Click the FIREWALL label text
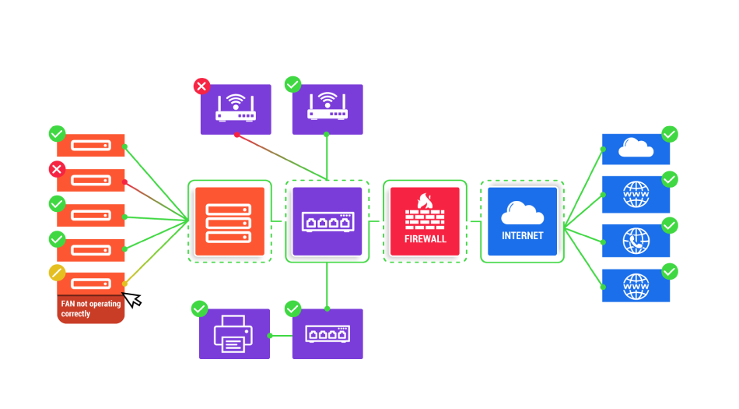point(426,238)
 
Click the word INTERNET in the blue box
point(523,235)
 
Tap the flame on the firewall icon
point(424,200)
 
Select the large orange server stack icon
point(229,222)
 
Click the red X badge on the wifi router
point(201,86)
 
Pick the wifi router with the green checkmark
point(327,110)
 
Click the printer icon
point(234,333)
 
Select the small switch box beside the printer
point(327,333)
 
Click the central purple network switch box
point(327,222)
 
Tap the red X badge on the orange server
point(57,169)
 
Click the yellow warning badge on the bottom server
point(57,273)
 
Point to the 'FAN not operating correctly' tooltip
point(91,309)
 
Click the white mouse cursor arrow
point(131,298)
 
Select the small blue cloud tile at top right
point(636,149)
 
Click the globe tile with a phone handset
point(636,241)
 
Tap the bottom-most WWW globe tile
point(636,286)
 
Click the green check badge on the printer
point(200,309)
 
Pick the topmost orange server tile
point(91,146)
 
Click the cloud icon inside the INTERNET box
point(523,212)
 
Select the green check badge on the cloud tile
point(670,134)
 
